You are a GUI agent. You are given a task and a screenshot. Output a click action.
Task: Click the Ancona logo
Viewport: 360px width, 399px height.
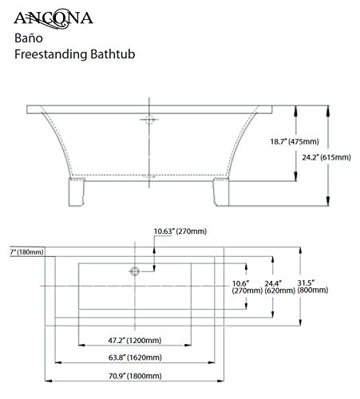pyautogui.click(x=53, y=18)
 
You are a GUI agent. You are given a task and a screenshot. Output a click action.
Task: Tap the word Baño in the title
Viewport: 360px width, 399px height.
pyautogui.click(x=29, y=38)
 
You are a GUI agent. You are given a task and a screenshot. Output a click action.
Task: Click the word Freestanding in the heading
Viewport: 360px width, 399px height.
pyautogui.click(x=51, y=54)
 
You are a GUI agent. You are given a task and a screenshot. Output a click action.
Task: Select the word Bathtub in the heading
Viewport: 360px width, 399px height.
pyautogui.click(x=113, y=54)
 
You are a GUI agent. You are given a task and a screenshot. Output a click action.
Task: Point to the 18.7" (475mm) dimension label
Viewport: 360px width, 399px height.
pyautogui.click(x=295, y=141)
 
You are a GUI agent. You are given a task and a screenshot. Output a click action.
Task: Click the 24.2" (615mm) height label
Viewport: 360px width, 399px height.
pyautogui.click(x=326, y=157)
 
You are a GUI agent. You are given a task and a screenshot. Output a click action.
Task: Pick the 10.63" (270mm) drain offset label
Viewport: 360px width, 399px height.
pyautogui.click(x=180, y=231)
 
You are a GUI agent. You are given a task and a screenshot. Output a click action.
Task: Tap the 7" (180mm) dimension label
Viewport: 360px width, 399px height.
pyautogui.click(x=26, y=252)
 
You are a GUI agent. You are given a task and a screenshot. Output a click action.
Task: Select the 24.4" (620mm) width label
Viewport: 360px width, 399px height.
pyautogui.click(x=279, y=287)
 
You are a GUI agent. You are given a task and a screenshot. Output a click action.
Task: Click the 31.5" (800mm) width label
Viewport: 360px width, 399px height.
pyautogui.click(x=313, y=286)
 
